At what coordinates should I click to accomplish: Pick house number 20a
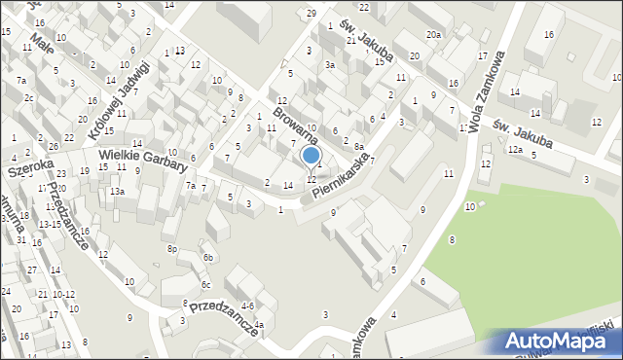[433, 35]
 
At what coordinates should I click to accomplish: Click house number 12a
[515, 150]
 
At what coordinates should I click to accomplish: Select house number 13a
[117, 192]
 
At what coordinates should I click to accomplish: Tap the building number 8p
[172, 249]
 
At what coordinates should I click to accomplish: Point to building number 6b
[207, 257]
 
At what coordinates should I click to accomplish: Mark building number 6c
[206, 284]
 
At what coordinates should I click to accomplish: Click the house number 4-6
[247, 306]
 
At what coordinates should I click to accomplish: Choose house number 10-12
[63, 294]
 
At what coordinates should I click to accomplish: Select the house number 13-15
[51, 224]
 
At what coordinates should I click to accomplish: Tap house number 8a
[358, 146]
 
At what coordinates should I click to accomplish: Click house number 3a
[330, 65]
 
